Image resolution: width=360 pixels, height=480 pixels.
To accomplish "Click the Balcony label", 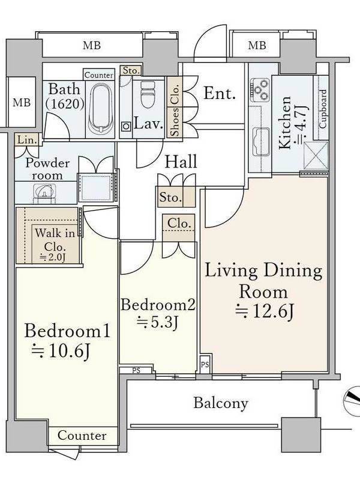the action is tap(221, 403).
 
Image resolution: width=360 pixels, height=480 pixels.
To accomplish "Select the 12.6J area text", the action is tap(265, 312).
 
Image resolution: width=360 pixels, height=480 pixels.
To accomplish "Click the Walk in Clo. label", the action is tap(55, 239).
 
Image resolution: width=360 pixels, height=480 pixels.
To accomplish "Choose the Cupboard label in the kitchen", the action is tap(323, 109).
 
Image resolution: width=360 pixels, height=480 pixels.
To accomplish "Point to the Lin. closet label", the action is tap(27, 140).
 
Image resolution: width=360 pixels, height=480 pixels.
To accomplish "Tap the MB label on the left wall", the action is tap(22, 102).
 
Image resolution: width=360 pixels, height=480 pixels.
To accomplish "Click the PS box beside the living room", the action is tap(205, 364).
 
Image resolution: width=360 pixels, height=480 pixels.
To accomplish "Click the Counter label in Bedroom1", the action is tap(82, 436).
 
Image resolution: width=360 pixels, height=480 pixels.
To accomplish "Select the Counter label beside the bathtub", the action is tap(98, 75).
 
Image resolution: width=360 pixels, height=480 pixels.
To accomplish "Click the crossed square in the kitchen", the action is tap(316, 155).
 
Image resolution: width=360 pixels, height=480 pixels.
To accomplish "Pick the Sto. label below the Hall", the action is tap(169, 197).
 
